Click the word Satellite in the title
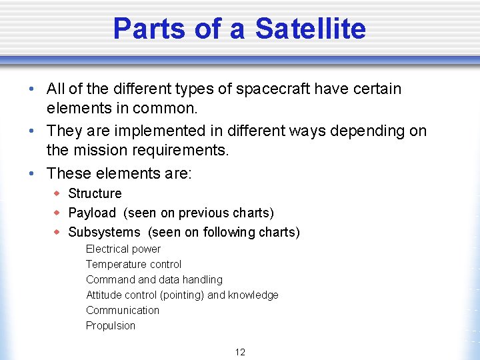point(310,29)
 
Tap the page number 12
point(240,352)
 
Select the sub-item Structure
point(95,193)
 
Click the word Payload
point(92,213)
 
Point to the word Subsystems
point(104,232)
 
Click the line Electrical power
point(123,249)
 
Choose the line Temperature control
point(133,264)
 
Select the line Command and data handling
point(154,279)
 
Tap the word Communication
point(123,310)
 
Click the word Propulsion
point(111,325)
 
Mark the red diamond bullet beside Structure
point(57,193)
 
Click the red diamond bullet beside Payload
point(57,213)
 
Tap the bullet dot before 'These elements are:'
point(33,173)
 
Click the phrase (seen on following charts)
point(223,232)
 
